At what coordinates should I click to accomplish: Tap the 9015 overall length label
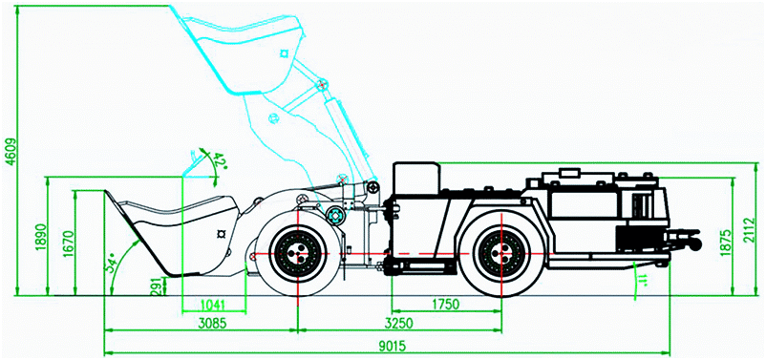click(393, 347)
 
